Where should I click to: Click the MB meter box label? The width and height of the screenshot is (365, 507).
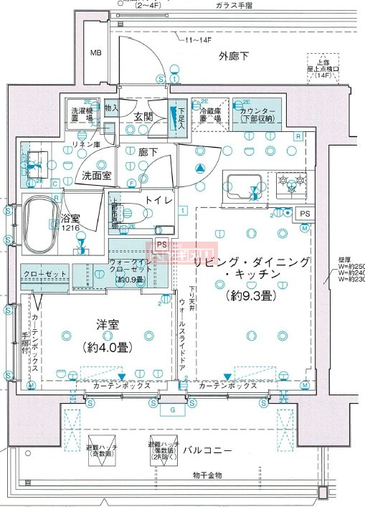point(95,53)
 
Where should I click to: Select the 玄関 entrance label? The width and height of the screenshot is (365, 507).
point(143,116)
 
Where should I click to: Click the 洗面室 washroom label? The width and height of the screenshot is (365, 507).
point(95,174)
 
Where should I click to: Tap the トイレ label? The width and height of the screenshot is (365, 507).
point(158,201)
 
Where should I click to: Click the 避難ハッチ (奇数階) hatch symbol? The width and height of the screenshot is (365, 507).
point(101,450)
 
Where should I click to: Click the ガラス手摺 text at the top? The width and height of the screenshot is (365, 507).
point(233,5)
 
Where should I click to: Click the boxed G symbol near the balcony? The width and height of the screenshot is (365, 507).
point(172,410)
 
